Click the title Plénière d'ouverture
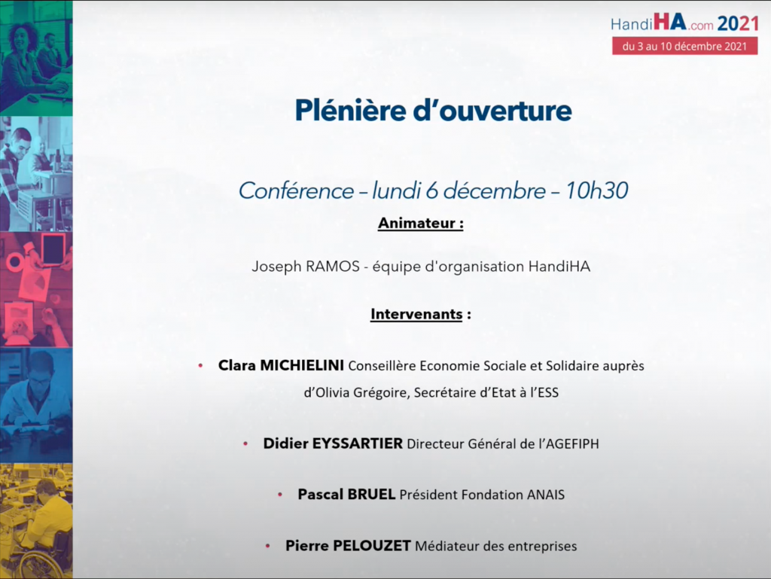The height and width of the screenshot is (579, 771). tap(433, 110)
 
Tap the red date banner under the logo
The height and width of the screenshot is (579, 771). tap(684, 46)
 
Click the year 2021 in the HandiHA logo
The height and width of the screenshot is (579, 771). tap(738, 23)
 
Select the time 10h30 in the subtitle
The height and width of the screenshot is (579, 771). tap(596, 190)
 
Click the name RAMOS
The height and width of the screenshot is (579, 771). tap(332, 267)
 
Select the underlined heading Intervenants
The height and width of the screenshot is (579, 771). tap(416, 314)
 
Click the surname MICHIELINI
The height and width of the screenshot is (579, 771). tap(302, 365)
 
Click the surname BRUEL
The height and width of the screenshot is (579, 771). tap(370, 494)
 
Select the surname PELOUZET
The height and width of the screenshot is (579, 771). tap(372, 546)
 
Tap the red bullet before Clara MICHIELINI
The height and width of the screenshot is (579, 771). tap(200, 366)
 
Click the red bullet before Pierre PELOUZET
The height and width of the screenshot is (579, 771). tap(267, 546)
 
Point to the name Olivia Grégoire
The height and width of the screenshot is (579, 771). tap(362, 393)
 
